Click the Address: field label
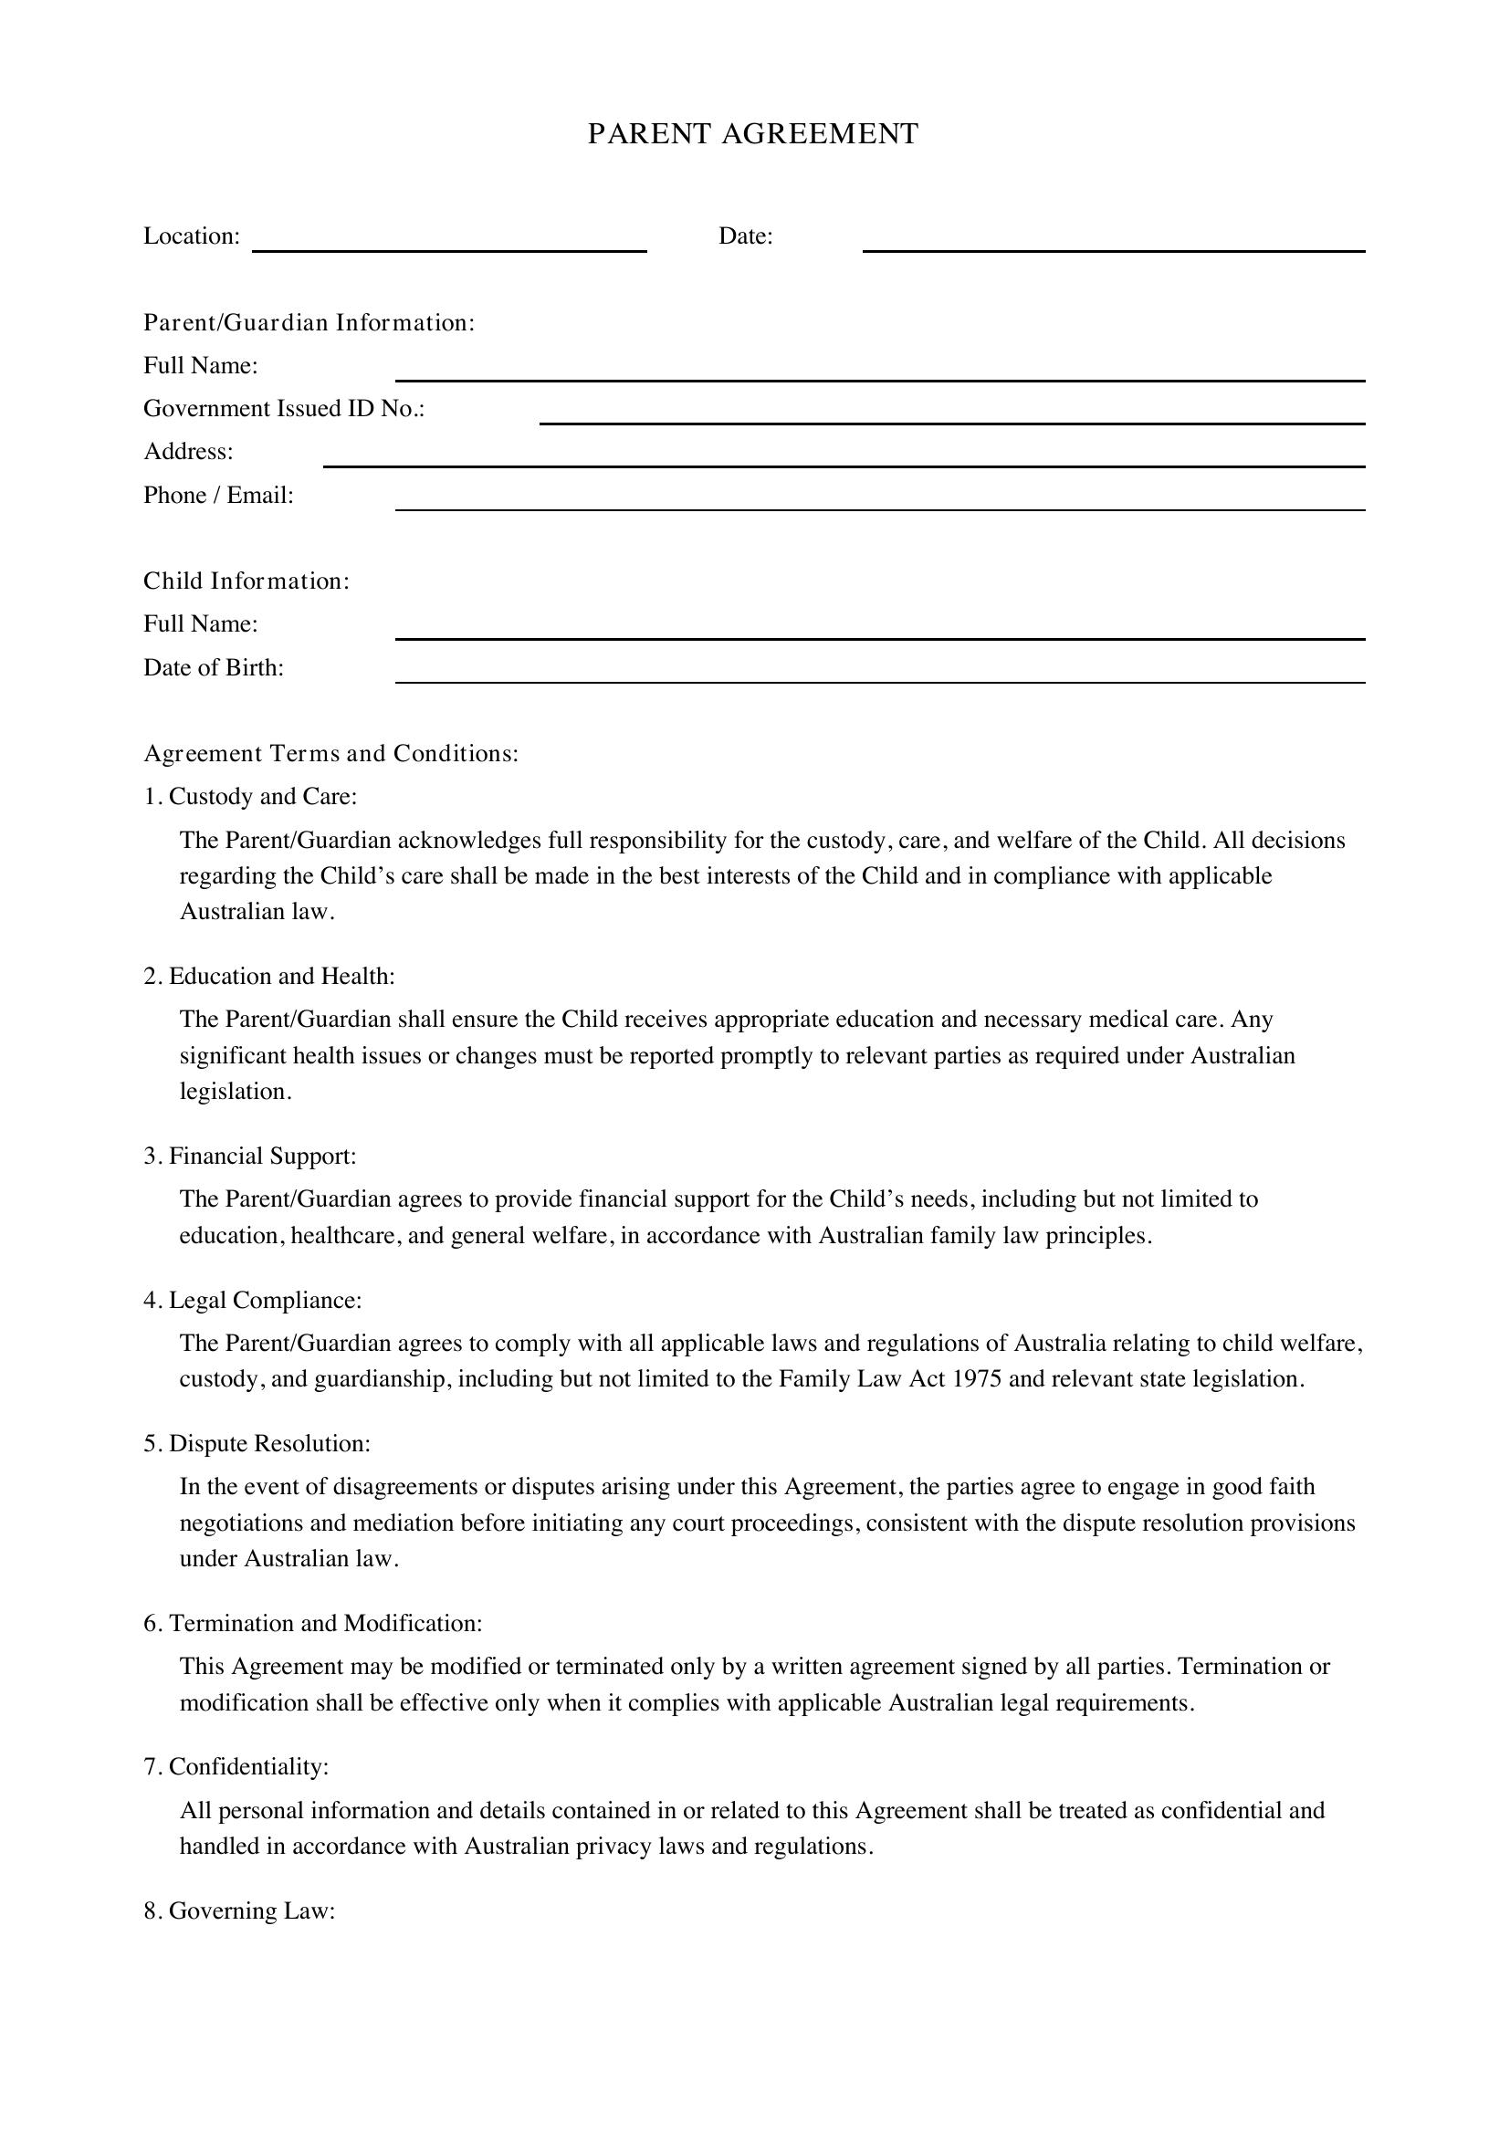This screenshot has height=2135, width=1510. (x=188, y=452)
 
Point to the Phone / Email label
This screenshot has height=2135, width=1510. (x=217, y=496)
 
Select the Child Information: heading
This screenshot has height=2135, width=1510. (x=246, y=581)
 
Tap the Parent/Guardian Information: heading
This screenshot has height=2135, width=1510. (x=309, y=322)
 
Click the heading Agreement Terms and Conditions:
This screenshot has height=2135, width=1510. (x=331, y=753)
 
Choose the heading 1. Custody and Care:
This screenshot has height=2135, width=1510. (x=250, y=797)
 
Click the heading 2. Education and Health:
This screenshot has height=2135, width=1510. (x=269, y=977)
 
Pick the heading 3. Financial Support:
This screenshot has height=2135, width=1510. (x=250, y=1156)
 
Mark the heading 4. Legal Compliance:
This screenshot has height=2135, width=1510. (x=253, y=1300)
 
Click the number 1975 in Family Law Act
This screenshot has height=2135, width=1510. (x=976, y=1378)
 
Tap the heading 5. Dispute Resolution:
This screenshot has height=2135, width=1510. (x=257, y=1443)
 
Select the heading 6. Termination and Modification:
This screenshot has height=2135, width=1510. (x=313, y=1623)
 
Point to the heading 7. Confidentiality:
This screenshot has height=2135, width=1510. (x=236, y=1766)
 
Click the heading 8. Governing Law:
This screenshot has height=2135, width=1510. (x=239, y=1910)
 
